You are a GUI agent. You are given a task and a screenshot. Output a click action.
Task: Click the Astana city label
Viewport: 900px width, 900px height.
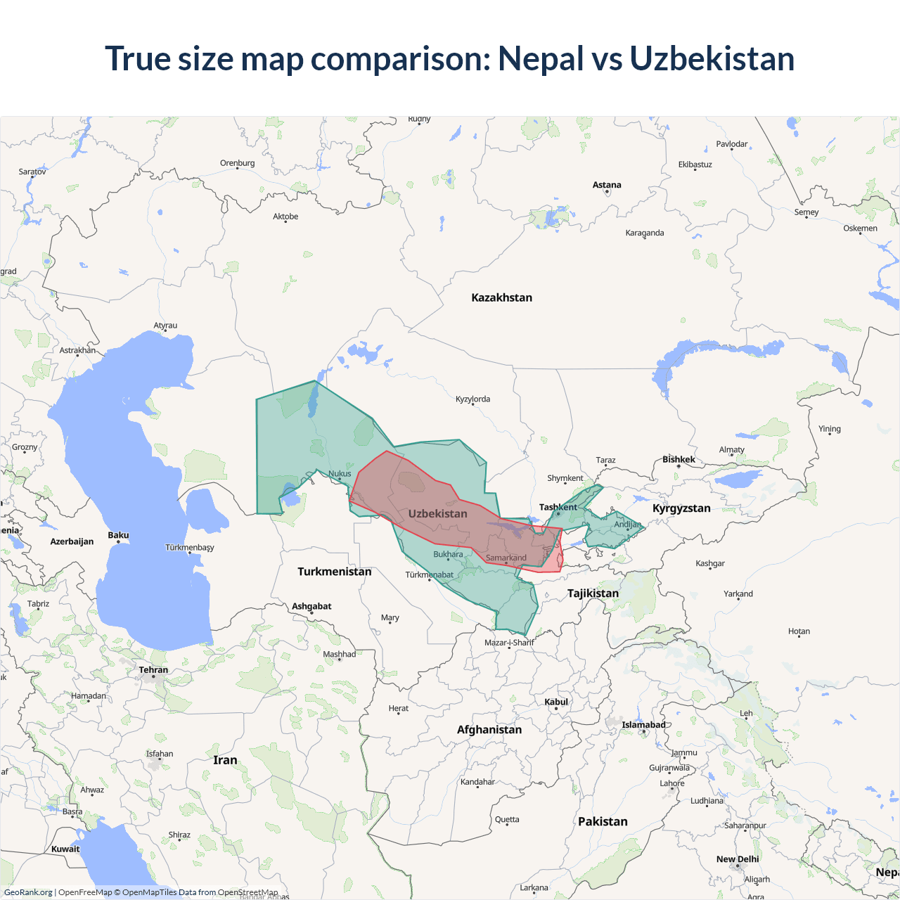click(607, 185)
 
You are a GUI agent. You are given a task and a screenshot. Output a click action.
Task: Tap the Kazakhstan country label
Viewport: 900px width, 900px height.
click(501, 297)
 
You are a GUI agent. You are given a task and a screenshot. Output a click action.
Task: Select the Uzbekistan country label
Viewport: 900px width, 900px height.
click(437, 513)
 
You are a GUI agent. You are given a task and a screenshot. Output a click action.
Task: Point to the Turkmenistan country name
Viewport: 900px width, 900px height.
click(334, 571)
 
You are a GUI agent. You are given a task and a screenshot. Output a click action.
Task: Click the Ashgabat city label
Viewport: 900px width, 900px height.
click(311, 606)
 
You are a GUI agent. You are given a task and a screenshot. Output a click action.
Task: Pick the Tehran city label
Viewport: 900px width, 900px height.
click(153, 669)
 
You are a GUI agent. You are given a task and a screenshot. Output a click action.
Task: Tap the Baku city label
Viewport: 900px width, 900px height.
click(118, 535)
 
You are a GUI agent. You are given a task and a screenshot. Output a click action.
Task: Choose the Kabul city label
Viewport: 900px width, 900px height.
click(555, 702)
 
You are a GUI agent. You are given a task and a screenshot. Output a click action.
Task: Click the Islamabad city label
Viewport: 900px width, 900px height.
click(643, 725)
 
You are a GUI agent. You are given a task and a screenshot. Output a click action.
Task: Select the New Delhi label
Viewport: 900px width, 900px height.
click(738, 859)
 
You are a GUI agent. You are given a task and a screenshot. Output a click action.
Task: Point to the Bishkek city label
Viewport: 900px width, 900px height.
click(679, 459)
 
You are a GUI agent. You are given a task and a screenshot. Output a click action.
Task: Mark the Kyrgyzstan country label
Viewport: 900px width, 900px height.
click(681, 508)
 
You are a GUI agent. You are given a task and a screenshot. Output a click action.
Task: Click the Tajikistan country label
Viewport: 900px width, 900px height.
click(593, 593)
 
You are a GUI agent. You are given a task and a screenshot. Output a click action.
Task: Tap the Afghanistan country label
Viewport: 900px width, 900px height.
click(489, 729)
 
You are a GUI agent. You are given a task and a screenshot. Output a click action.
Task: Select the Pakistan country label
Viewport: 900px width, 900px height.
click(603, 821)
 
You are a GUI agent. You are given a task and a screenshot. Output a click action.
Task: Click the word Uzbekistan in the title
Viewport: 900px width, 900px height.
click(712, 58)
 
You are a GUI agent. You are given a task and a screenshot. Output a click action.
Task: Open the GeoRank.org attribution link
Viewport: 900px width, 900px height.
click(28, 892)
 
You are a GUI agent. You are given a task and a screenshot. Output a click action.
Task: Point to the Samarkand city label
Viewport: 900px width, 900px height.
click(506, 558)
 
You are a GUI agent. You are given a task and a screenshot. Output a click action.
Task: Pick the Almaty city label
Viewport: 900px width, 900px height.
click(731, 450)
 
